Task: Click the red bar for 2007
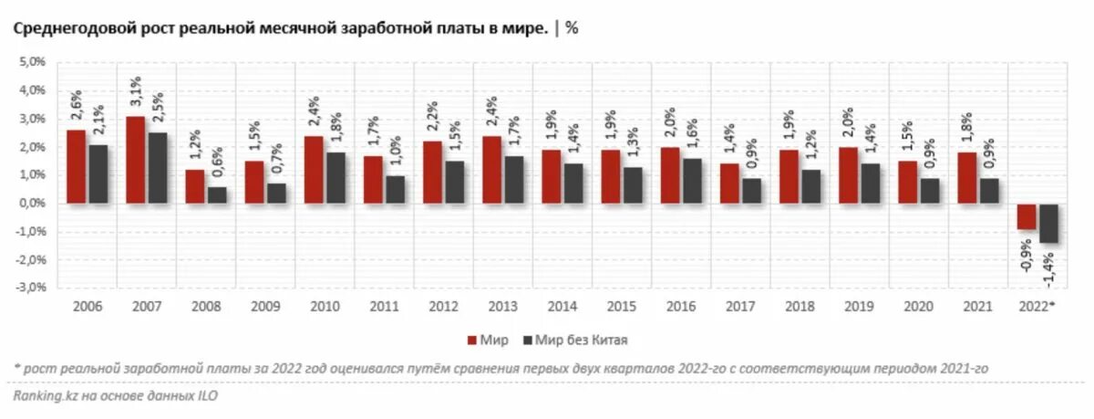[x=135, y=160]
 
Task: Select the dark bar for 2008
[x=217, y=194]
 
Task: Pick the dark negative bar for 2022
[x=1048, y=223]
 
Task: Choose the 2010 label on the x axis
[x=325, y=306]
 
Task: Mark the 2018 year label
[x=800, y=306]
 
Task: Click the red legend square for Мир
[x=472, y=340]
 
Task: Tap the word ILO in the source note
[x=207, y=397]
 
